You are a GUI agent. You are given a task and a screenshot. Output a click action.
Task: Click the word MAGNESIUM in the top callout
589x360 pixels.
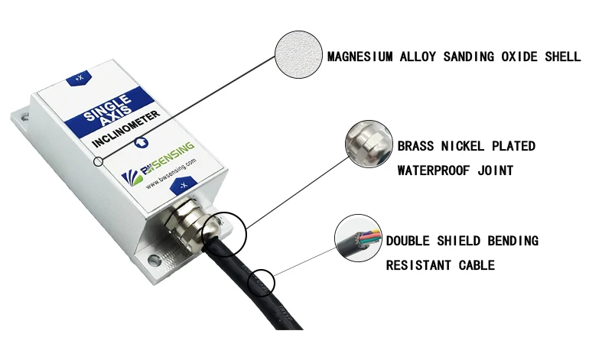click(x=362, y=57)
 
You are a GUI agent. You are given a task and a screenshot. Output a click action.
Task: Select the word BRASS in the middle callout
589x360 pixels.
click(x=418, y=145)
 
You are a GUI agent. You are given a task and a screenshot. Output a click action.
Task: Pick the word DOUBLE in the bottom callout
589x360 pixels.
click(x=408, y=241)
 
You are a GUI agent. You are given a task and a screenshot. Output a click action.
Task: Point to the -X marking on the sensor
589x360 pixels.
click(x=183, y=185)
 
